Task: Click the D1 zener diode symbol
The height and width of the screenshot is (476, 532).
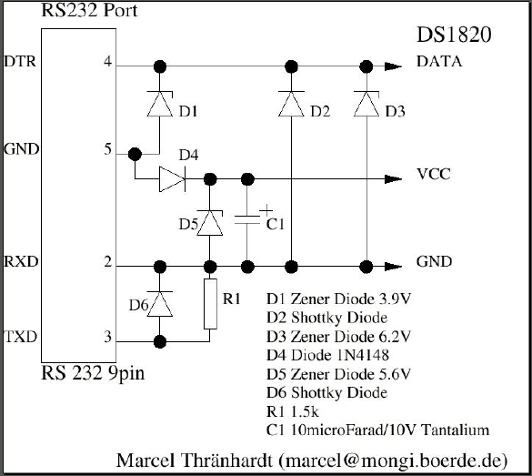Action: (x=160, y=104)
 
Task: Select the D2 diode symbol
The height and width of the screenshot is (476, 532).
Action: (x=291, y=104)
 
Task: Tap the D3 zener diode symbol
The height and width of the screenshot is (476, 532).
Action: (x=366, y=104)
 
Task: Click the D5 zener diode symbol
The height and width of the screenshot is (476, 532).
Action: (x=210, y=223)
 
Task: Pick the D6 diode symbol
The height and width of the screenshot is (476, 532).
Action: (x=159, y=303)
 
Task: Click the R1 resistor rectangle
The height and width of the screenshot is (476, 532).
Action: (x=210, y=304)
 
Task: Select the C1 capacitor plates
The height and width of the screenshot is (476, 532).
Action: (x=247, y=219)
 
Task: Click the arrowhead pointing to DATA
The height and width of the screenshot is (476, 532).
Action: (x=393, y=66)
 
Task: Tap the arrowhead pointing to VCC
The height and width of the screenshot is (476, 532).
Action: (x=393, y=179)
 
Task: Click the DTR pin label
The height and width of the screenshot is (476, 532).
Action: (x=20, y=62)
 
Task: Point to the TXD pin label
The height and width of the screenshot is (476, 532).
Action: (x=21, y=337)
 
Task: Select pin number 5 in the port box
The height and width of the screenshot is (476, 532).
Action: (x=107, y=149)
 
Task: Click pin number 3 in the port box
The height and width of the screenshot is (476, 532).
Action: (x=107, y=337)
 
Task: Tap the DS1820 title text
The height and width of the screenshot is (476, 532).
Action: (x=454, y=35)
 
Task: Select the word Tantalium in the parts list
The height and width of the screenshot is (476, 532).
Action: (x=455, y=430)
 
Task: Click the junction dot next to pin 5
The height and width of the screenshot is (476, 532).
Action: (x=135, y=155)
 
